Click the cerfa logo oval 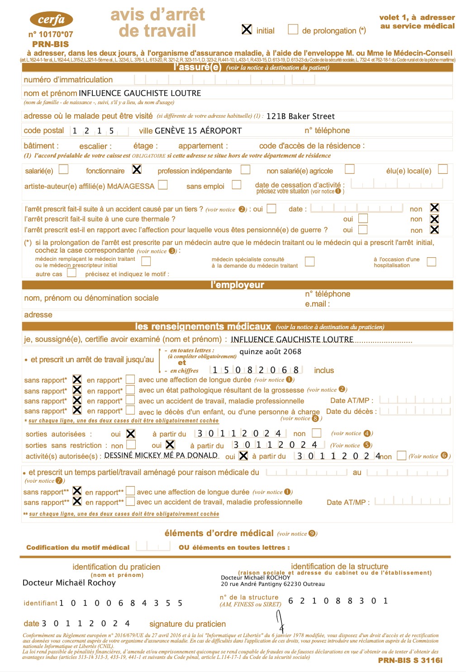click(51, 19)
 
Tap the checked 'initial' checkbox click(247, 29)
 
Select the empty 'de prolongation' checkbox click(293, 29)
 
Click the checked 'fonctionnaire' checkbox click(137, 169)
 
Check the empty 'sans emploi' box click(236, 185)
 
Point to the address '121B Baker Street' click(300, 116)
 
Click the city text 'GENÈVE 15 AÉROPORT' click(198, 131)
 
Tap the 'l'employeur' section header click(237, 285)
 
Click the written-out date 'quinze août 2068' click(270, 351)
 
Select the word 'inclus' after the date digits click(324, 370)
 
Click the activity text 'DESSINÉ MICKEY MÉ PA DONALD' click(161, 455)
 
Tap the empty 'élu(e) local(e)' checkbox click(443, 169)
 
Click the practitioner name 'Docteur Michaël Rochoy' click(69, 583)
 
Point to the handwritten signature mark click(280, 621)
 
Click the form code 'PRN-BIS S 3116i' click(410, 660)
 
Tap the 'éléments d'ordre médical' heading click(219, 533)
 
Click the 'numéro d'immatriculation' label click(68, 80)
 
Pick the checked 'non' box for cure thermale click(434, 219)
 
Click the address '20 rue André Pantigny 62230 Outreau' click(272, 584)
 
